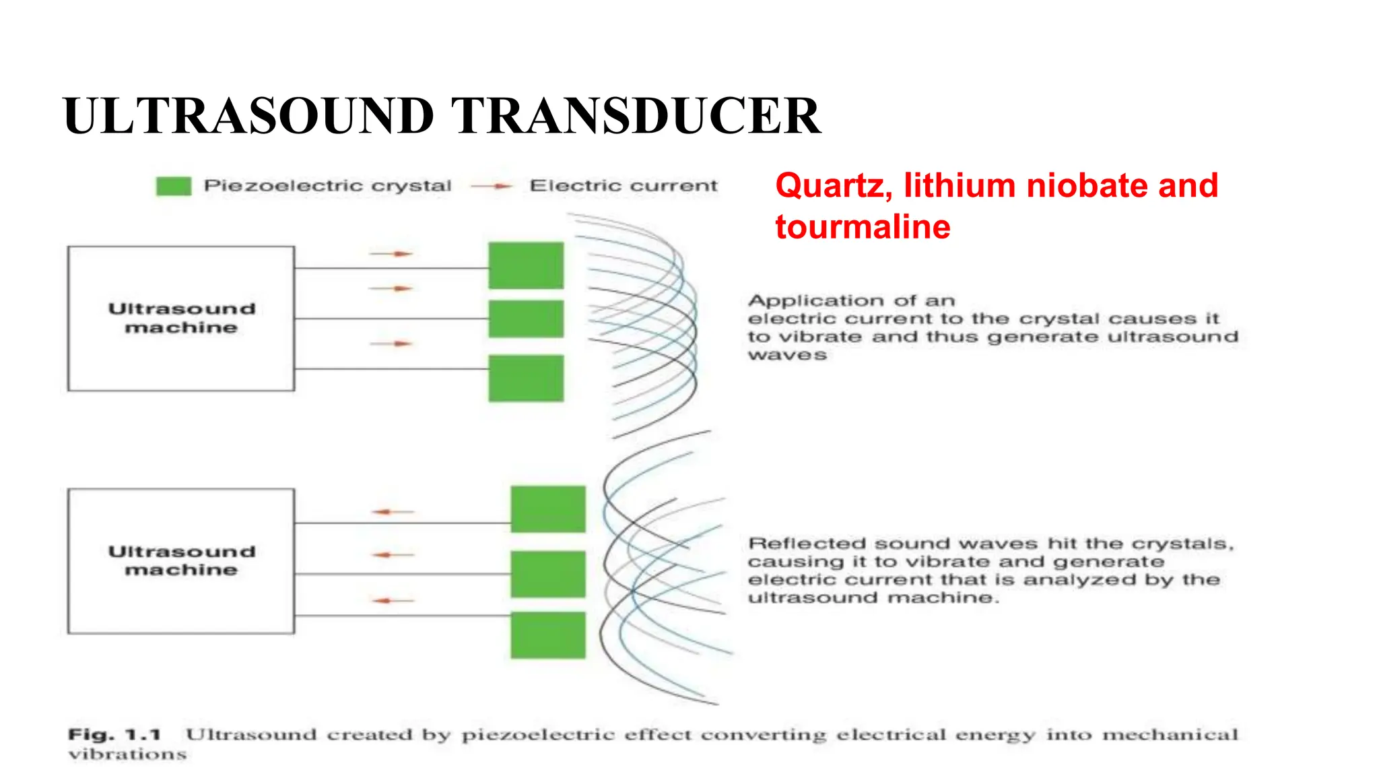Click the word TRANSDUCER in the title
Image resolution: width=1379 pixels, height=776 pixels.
[635, 116]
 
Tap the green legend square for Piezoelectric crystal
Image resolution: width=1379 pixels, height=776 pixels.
[174, 186]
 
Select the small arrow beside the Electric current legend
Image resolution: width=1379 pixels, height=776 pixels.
[493, 186]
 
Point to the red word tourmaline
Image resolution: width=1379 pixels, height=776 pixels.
[863, 227]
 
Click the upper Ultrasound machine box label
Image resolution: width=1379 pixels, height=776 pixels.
[182, 318]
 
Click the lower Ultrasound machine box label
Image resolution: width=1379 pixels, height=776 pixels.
[182, 560]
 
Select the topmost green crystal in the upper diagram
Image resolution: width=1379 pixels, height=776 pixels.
[526, 265]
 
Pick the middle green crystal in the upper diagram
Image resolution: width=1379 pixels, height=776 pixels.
[526, 319]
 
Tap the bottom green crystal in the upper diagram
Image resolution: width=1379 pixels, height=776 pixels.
[526, 379]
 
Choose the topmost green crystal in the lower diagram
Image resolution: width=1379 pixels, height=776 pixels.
[548, 509]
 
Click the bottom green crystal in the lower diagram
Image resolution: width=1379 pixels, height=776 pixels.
[548, 635]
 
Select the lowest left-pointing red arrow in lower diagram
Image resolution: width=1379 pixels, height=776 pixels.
[393, 600]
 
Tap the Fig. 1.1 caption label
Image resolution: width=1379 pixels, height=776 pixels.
[114, 734]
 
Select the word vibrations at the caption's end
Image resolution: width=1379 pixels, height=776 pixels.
[127, 754]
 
